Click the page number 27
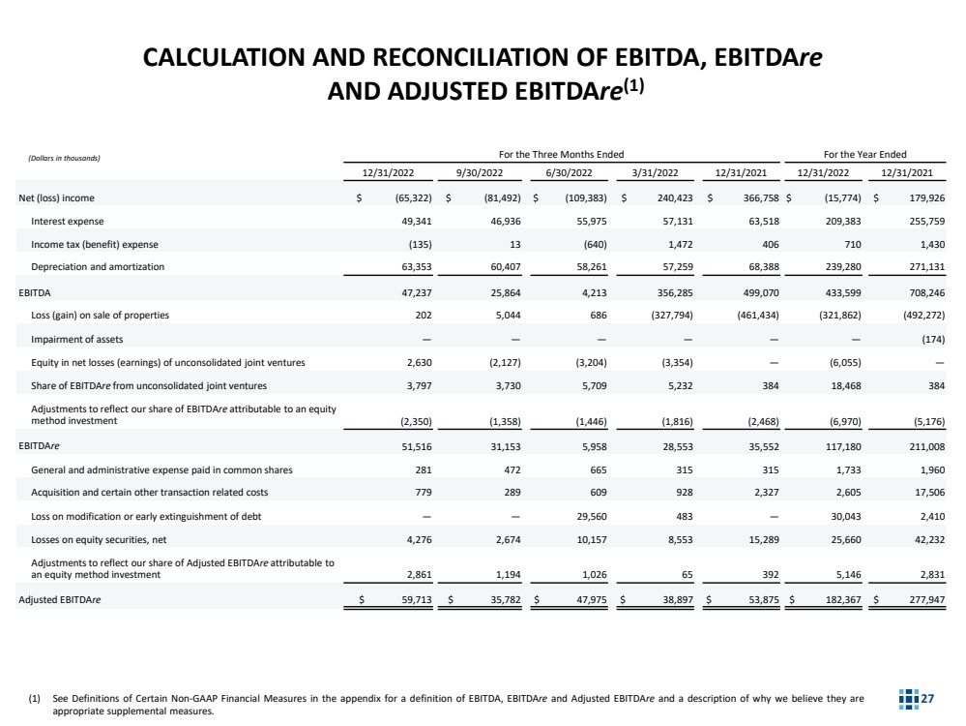point(929,699)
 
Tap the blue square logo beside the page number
point(908,699)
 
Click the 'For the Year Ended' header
point(864,154)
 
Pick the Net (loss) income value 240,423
point(658,197)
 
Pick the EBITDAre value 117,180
point(833,448)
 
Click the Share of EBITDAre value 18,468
point(836,385)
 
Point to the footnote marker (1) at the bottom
point(37,699)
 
